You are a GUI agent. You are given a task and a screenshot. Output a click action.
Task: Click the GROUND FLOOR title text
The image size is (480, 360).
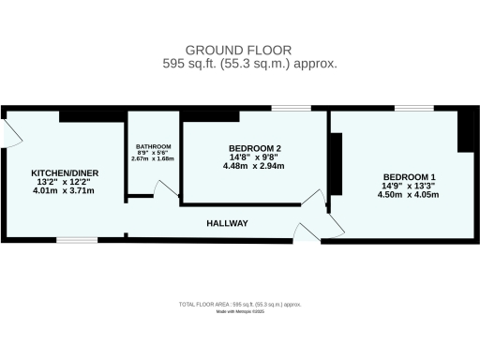pos(239,50)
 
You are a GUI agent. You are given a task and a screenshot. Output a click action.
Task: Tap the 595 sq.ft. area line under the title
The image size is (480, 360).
pos(239,64)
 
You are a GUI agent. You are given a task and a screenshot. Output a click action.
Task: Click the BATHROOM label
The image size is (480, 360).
pos(153,147)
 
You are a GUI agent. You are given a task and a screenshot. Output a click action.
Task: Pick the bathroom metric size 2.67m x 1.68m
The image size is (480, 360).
pos(153,159)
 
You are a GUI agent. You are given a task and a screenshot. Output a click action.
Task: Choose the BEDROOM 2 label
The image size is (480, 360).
pos(255,149)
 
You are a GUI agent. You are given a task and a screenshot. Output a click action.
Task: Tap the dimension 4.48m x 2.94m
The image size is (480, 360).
pos(255,167)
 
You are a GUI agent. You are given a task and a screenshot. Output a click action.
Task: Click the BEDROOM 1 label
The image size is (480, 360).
pos(409,177)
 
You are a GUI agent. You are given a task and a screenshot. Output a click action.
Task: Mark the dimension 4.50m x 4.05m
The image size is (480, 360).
pos(409,195)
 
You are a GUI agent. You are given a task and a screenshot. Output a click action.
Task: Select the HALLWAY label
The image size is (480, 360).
pos(227,223)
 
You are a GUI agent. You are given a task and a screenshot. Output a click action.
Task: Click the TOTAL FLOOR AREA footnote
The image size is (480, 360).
pos(240,305)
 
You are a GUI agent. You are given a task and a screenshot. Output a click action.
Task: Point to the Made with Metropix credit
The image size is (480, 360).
pos(240,312)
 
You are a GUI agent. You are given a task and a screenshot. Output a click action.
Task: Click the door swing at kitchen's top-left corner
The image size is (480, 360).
pos(12,132)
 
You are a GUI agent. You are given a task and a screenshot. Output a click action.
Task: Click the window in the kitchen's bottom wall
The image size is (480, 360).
pos(77,240)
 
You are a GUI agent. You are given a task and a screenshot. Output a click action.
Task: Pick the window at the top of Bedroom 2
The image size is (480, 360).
pos(285,109)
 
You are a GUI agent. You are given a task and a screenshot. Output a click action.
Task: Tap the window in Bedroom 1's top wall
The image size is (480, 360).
pos(407,109)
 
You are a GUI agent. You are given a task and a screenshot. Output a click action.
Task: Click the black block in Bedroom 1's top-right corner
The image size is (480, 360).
pos(465,130)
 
